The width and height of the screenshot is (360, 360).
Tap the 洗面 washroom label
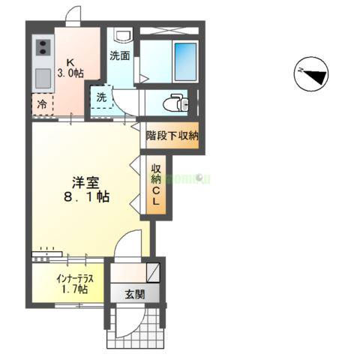pos(119,55)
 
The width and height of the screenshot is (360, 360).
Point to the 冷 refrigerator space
pos(43,105)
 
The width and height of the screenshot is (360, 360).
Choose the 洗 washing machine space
pos(101,97)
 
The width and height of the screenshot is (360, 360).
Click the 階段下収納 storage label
pos(172,136)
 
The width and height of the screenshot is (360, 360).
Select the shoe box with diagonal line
pos(152,271)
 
